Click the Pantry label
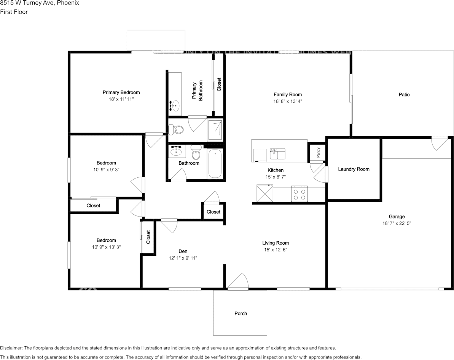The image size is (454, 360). (319, 152)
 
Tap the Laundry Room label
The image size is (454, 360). (354, 169)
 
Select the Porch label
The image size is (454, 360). (241, 314)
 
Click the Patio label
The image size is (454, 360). (404, 94)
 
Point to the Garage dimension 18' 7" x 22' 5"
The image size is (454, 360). (397, 223)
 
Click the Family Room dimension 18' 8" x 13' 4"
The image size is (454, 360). (288, 101)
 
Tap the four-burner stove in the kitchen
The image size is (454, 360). (299, 194)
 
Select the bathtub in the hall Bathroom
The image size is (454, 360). (215, 164)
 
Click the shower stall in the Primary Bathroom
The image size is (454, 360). (215, 130)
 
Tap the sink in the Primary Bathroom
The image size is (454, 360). (175, 105)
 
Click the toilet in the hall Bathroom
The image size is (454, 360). (196, 153)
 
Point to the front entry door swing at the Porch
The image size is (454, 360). (238, 282)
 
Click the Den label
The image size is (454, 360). (183, 251)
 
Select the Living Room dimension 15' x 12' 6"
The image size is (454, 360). (276, 250)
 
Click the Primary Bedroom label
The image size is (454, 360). (121, 92)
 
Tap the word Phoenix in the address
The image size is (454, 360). (68, 3)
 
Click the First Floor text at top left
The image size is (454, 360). (14, 12)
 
